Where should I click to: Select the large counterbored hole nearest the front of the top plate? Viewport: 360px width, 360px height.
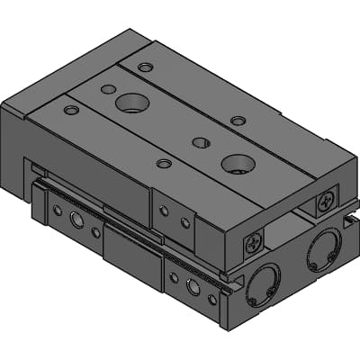coord(238,163)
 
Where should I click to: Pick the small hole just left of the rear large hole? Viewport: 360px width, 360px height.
coord(107,89)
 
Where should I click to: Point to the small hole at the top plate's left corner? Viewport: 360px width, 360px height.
coord(71,110)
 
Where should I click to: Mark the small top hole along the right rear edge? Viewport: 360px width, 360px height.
coord(237,121)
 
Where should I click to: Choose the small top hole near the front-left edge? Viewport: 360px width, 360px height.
coord(163,164)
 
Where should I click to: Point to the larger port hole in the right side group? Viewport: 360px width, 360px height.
coord(193,286)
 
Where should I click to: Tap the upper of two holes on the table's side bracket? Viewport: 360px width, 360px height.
coord(164,210)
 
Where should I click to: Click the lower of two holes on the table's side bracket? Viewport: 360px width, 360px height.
coord(185,222)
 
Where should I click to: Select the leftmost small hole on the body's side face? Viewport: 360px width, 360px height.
coord(57,210)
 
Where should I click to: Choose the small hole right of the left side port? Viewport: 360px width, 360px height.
coord(96,231)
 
